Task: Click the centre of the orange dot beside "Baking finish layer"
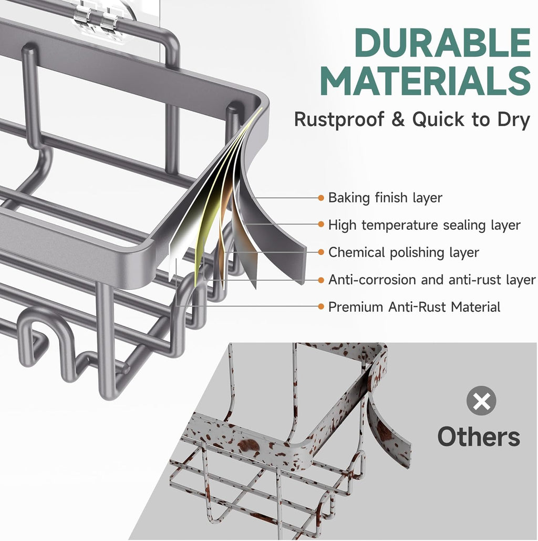tap(321, 198)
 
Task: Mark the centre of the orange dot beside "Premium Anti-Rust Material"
tap(321, 307)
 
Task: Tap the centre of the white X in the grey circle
tap(481, 401)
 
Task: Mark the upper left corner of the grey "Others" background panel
tap(229, 343)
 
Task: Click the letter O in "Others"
tap(448, 437)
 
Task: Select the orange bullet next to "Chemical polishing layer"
tap(321, 252)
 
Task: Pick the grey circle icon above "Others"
tap(481, 401)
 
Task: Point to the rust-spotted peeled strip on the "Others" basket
tap(388, 431)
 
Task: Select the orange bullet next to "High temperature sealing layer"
tap(321, 224)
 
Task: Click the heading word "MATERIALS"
tap(426, 81)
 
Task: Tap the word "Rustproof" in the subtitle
tap(339, 120)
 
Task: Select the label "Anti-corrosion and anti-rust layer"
tap(432, 280)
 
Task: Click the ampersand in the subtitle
tap(398, 120)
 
